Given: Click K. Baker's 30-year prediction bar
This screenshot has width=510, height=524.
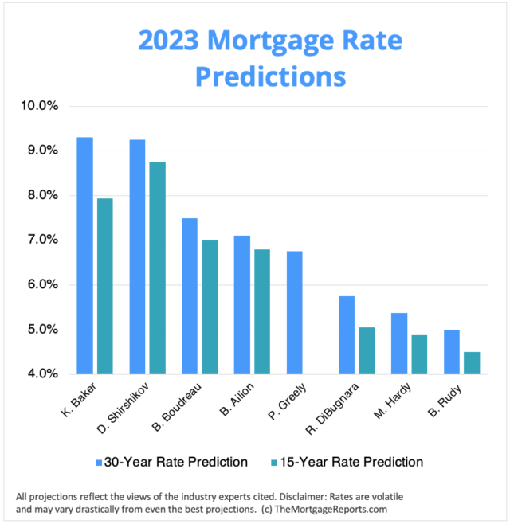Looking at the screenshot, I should (84, 256).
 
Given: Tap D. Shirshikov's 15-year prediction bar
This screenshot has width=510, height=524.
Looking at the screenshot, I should (158, 268).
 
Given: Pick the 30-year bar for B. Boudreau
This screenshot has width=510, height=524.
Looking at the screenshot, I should (190, 295).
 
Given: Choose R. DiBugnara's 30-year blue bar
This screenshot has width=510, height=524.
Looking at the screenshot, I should (347, 334).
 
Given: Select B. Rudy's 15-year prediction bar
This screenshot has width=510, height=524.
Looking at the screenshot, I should (472, 362).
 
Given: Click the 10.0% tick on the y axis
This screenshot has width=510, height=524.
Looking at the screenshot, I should (53, 106).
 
